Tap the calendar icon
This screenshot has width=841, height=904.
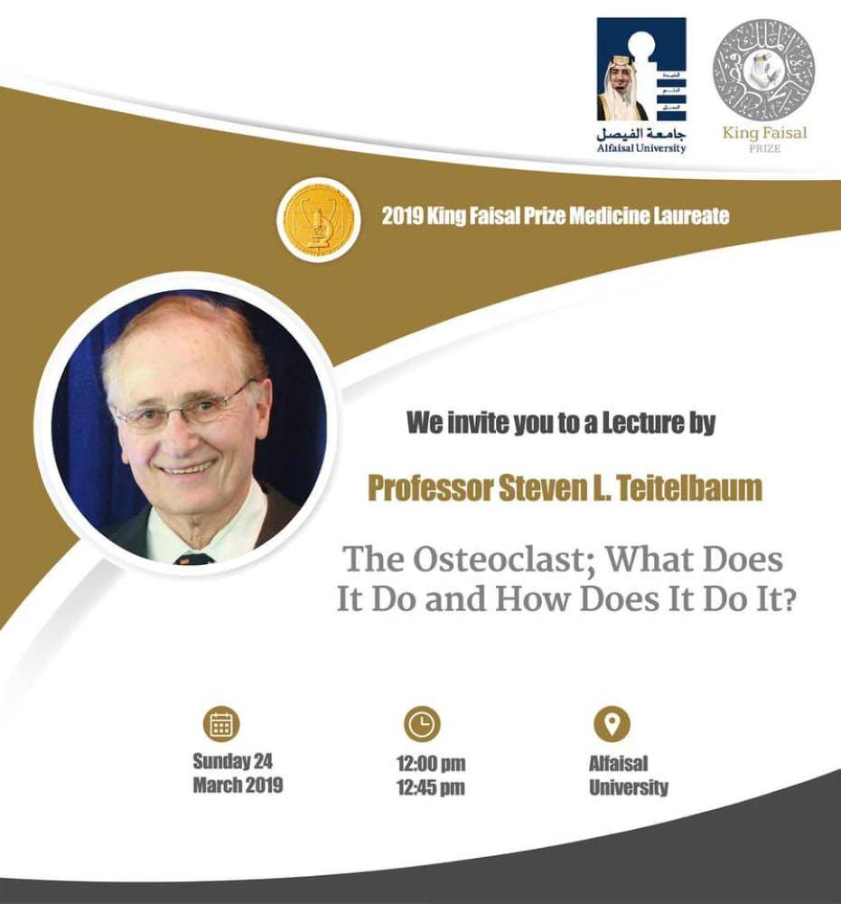coord(221,723)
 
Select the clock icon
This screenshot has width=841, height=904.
coord(422,723)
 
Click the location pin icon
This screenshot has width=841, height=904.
coord(612,723)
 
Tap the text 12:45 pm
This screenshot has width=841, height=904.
coord(431,787)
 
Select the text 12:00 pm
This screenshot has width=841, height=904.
coord(431,763)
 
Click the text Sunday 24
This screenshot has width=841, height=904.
coord(232,761)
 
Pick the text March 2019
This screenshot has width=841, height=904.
coord(238,785)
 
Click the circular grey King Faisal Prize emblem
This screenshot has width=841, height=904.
coord(764,71)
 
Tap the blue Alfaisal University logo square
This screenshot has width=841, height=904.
coord(641,70)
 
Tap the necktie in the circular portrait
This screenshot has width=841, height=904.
coord(193,559)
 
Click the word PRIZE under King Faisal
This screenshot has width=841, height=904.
coord(765,148)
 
